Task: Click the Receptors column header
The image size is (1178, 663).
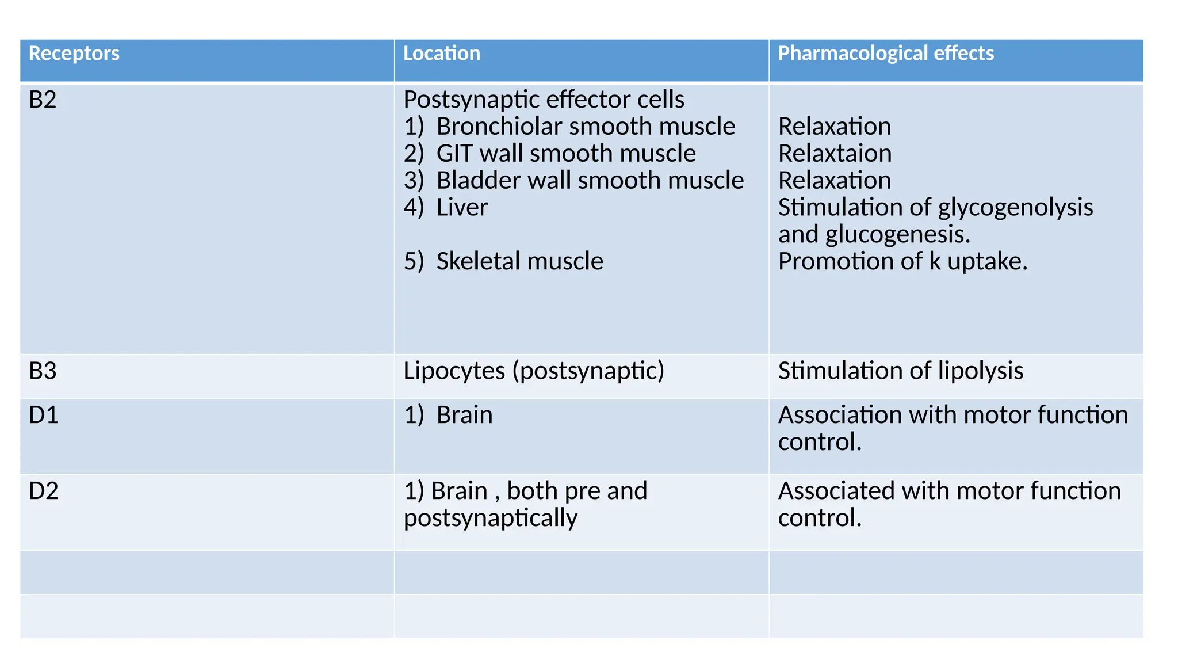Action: click(x=74, y=54)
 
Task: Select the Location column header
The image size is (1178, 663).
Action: click(x=441, y=54)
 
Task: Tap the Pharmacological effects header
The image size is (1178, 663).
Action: click(x=885, y=54)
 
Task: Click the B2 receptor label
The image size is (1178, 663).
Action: click(x=43, y=100)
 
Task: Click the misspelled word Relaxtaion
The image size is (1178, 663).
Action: click(x=835, y=154)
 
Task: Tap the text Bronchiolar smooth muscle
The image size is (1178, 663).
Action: click(x=585, y=127)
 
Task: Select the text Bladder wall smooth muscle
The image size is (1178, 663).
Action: click(x=590, y=181)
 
